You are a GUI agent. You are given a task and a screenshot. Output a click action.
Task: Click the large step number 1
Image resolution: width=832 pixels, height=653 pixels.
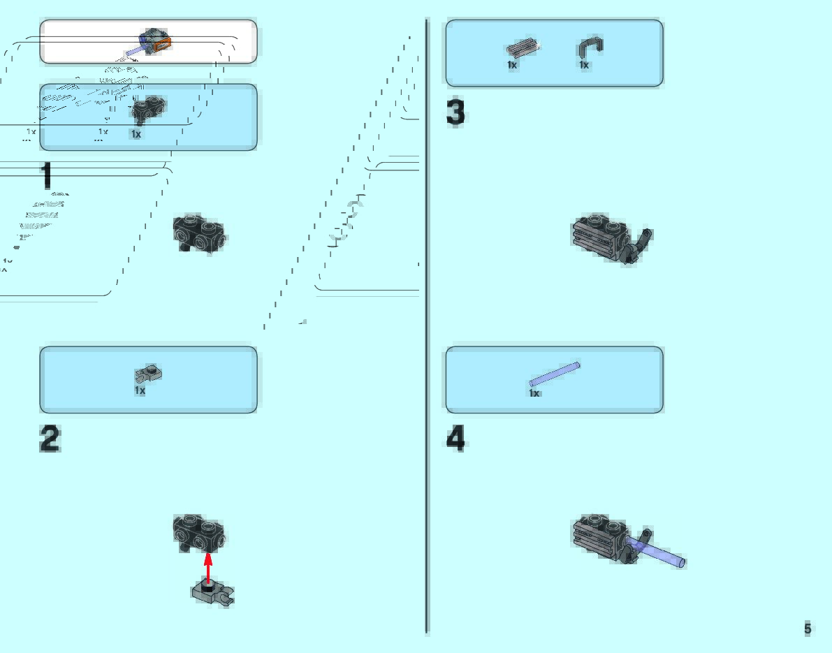click(x=46, y=175)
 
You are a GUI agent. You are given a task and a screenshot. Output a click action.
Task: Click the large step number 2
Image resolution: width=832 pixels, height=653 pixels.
click(x=50, y=439)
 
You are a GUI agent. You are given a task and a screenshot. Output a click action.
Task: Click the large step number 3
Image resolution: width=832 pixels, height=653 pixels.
click(x=455, y=113)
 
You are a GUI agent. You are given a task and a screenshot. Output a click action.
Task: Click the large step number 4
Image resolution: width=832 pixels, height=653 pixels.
click(x=455, y=439)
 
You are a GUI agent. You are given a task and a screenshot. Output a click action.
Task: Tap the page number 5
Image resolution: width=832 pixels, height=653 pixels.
click(x=808, y=629)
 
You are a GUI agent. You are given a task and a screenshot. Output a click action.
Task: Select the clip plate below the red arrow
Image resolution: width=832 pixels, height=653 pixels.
click(x=212, y=592)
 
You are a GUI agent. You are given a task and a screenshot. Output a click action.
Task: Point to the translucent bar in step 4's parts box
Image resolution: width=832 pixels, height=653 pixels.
click(x=555, y=374)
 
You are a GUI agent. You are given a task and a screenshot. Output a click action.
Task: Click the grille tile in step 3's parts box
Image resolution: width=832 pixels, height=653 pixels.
click(x=523, y=49)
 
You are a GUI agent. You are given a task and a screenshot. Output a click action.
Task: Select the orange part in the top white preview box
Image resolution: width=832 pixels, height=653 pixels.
click(x=162, y=46)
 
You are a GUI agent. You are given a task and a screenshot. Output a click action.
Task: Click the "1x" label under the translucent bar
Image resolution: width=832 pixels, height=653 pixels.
click(x=534, y=393)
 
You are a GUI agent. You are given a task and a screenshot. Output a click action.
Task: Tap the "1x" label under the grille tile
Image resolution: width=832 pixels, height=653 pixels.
click(x=512, y=65)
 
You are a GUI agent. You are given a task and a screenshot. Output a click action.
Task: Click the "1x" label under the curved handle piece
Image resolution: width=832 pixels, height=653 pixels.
click(x=584, y=65)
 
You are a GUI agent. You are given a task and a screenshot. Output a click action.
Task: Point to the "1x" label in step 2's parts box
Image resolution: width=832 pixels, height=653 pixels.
click(x=140, y=390)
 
